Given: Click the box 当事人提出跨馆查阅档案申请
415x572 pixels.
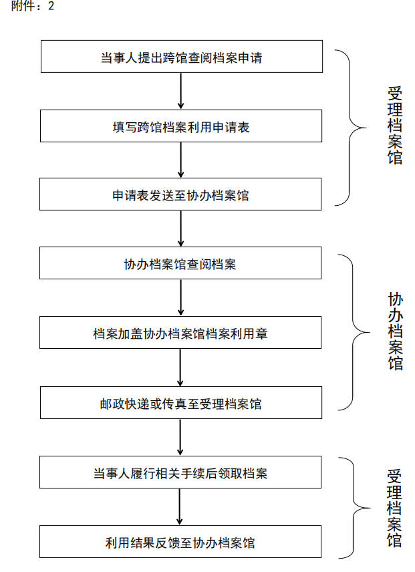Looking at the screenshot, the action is (x=182, y=56).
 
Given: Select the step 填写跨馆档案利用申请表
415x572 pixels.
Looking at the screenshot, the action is (x=181, y=126).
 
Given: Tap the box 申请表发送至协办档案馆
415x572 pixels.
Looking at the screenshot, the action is (x=180, y=194).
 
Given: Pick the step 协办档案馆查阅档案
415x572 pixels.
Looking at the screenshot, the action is (x=180, y=263).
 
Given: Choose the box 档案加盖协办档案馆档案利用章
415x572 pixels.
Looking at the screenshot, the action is (x=180, y=332).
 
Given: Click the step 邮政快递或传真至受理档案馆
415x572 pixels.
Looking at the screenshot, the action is (x=181, y=402).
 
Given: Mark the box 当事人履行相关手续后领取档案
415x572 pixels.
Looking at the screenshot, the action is (x=180, y=472).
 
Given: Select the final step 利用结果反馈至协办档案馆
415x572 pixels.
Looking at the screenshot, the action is (x=180, y=541).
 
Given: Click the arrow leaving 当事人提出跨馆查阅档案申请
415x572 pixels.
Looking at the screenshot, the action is (x=181, y=91).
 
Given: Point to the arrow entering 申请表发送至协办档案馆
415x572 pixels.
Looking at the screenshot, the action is (x=181, y=160).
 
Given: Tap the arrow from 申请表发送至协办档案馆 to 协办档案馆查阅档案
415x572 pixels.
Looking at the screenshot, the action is (x=181, y=229).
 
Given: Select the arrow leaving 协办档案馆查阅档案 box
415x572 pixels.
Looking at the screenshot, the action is (x=181, y=297).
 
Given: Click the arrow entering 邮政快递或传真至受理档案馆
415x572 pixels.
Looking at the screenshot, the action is (x=180, y=368).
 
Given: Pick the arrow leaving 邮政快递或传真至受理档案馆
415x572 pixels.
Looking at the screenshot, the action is (x=180, y=437).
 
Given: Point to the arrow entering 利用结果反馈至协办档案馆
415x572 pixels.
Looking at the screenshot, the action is (x=179, y=507).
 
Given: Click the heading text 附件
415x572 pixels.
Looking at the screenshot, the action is (x=23, y=6).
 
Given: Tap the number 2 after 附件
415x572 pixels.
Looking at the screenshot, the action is (x=51, y=6).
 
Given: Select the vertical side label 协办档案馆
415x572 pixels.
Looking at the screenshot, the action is (x=396, y=331).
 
